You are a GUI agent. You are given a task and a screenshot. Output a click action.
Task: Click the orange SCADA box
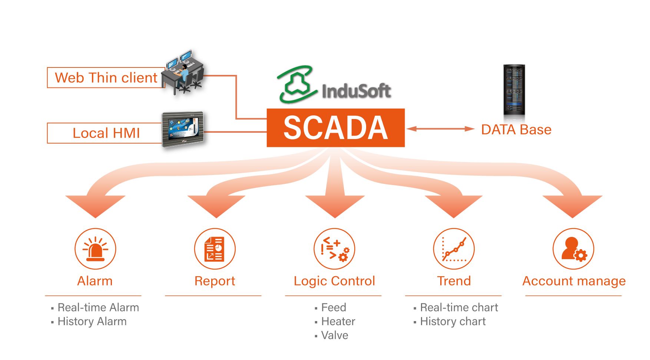[x=335, y=128]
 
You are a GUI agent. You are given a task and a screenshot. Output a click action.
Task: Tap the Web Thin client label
[x=106, y=78]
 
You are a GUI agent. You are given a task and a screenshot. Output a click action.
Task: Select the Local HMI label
[x=106, y=133]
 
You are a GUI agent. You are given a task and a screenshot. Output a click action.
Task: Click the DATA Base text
[x=516, y=130]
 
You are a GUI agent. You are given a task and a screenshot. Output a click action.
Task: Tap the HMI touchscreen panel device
[x=183, y=129]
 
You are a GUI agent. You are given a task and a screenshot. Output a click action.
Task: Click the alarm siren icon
[x=95, y=249]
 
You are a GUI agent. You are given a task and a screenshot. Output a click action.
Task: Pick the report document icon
[x=215, y=249]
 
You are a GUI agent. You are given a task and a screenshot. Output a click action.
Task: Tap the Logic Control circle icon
[x=334, y=249]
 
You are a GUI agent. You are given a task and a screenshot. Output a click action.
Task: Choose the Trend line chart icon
[x=454, y=249]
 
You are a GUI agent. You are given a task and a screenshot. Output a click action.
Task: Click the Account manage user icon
[x=573, y=249]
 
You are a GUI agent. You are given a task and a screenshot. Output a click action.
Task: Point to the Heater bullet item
[x=338, y=321]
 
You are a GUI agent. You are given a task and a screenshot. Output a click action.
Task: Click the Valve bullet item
[x=335, y=336]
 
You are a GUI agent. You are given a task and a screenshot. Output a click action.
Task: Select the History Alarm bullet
[x=92, y=321]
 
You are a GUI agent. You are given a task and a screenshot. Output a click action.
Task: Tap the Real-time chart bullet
[x=459, y=308]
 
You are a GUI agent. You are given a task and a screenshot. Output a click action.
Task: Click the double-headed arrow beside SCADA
[x=440, y=129]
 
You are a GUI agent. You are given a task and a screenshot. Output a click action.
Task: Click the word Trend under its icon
[x=454, y=281]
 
